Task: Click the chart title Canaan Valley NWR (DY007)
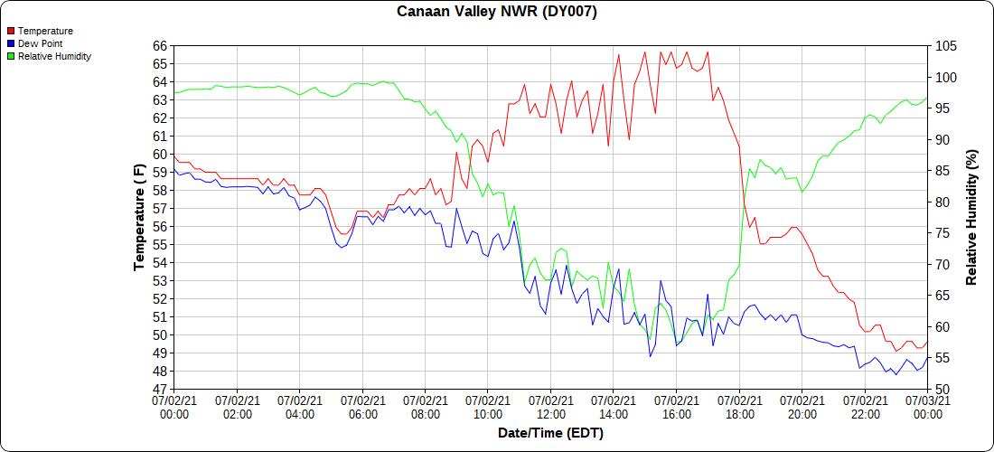[x=497, y=12]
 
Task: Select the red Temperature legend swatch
[x=11, y=31]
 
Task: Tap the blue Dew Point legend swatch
[x=11, y=43]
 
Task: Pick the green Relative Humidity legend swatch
[x=11, y=56]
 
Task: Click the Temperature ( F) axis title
[x=139, y=217]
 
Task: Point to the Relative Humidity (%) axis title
[x=972, y=217]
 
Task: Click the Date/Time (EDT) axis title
[x=550, y=433]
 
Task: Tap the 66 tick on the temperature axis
[x=160, y=45]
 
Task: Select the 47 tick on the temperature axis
[x=160, y=389]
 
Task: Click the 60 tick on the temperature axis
[x=160, y=154]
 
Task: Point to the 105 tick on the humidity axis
[x=943, y=45]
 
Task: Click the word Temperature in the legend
[x=45, y=31]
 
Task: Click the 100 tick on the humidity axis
[x=943, y=77]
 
